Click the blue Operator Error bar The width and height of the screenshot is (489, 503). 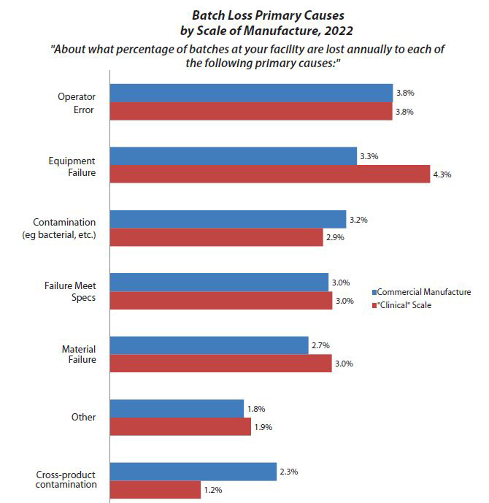pos(251,93)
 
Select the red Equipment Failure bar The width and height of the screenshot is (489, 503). pos(269,174)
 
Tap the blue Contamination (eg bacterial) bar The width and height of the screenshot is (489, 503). pos(228,219)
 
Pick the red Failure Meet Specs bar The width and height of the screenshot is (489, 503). pos(221,301)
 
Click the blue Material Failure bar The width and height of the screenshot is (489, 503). pos(209,345)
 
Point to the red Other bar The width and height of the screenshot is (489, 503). pos(180,426)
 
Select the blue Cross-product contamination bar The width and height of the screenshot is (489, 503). pos(193,472)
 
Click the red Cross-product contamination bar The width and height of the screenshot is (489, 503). pos(155,489)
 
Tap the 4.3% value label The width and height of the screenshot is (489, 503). pos(442,174)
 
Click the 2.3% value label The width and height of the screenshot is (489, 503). pos(288,472)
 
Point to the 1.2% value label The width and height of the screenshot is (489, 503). pos(212,489)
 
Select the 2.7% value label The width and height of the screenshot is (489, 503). pos(320,345)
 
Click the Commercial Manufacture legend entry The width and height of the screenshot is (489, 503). pos(423,292)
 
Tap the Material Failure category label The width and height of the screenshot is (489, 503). pos(79,355)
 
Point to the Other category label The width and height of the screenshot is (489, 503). pos(84,418)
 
